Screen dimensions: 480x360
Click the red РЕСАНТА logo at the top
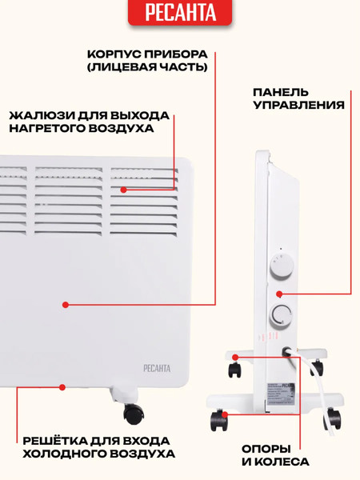coord(180,14)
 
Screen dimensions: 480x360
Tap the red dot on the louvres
coord(124,190)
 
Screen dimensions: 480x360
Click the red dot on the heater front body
coord(66,304)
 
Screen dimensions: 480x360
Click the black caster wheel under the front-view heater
coord(133,414)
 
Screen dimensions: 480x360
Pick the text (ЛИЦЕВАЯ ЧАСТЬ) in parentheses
coord(147,68)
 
